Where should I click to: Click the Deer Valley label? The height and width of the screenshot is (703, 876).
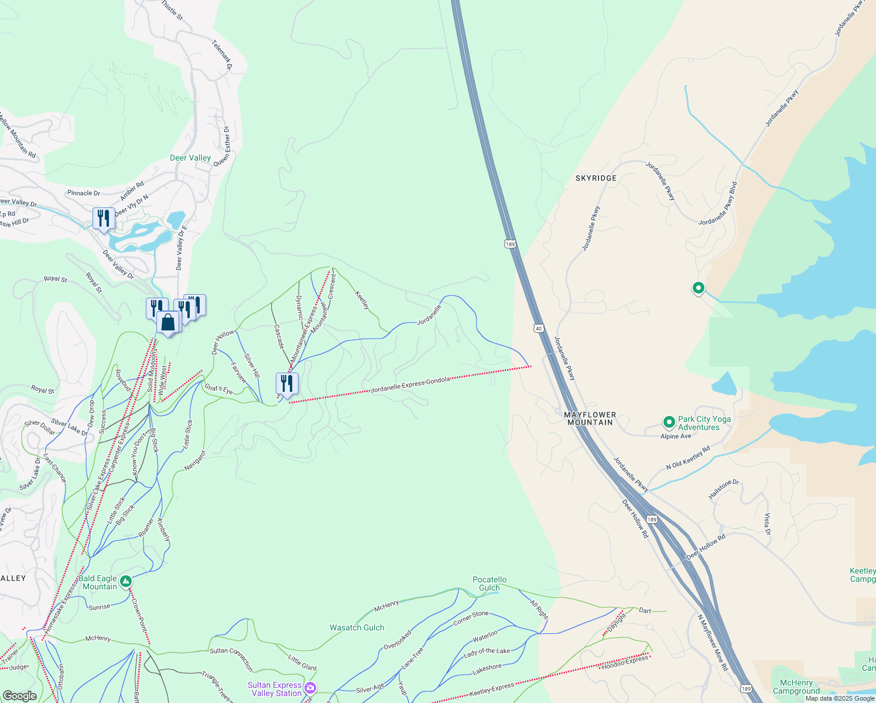[x=190, y=158]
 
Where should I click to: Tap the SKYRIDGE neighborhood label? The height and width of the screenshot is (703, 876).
[x=596, y=178]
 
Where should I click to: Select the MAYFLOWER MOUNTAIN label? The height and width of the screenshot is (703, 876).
[x=590, y=418]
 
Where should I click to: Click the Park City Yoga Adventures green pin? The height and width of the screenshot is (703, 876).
[x=669, y=422]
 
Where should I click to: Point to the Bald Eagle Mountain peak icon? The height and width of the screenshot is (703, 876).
[x=125, y=582]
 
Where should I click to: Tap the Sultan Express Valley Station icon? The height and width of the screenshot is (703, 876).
[x=310, y=688]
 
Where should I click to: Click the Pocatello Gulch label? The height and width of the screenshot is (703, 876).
[x=490, y=583]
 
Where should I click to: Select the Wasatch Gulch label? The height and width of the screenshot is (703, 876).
[x=357, y=627]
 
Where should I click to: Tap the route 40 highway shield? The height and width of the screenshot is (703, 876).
[x=539, y=328]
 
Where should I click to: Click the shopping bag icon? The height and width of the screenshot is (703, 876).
[x=168, y=323]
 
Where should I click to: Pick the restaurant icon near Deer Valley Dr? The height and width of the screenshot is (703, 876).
[x=103, y=219]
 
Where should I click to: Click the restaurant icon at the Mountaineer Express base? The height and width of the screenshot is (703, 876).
[x=287, y=384]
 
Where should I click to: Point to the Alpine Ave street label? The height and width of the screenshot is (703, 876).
[x=676, y=436]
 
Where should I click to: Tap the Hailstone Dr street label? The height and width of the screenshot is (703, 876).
[x=724, y=489]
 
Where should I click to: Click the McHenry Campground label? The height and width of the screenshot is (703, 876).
[x=796, y=687]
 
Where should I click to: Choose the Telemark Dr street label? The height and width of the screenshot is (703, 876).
[x=223, y=55]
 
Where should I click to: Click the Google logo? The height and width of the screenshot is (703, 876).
[x=20, y=696]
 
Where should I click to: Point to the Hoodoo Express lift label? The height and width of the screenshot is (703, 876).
[x=625, y=662]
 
